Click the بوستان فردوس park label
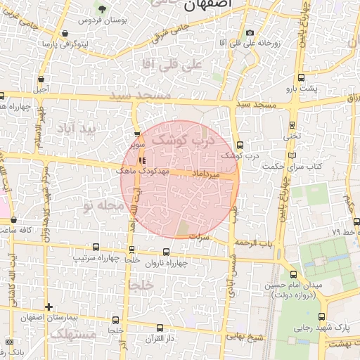(x=102, y=20)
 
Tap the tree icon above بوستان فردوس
(x=102, y=9)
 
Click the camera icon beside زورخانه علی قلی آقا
(x=250, y=32)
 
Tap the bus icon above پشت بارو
(x=302, y=78)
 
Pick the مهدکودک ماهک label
(x=143, y=171)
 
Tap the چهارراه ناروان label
(x=167, y=263)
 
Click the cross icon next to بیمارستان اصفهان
(x=48, y=307)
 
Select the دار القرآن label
(x=157, y=338)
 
